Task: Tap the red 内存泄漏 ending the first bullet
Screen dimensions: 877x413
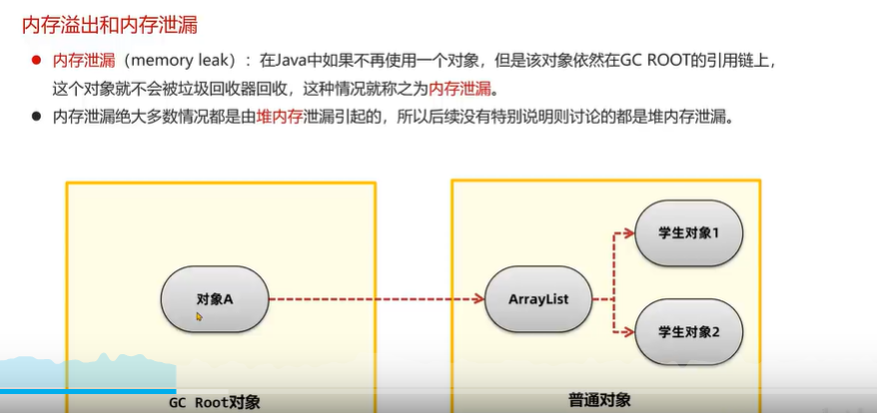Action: point(461,88)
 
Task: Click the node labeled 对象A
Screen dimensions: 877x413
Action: point(215,298)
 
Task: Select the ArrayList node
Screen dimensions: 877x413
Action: point(538,298)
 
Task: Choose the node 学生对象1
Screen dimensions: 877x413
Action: point(688,233)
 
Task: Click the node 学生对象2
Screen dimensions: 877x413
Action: point(688,330)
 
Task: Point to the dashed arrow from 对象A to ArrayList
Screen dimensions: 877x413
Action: point(375,298)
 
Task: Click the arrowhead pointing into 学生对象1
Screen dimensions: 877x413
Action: point(629,233)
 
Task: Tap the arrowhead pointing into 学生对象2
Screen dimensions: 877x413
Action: point(629,330)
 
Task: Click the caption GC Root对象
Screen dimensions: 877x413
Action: point(214,401)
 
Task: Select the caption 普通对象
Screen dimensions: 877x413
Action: point(599,400)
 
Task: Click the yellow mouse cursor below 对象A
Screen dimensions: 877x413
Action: point(199,317)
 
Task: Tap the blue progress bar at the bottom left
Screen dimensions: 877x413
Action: point(88,391)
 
